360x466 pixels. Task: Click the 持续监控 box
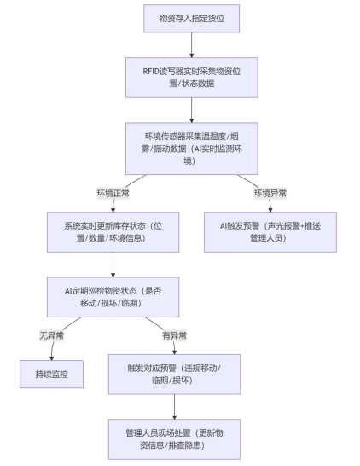pos(52,374)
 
